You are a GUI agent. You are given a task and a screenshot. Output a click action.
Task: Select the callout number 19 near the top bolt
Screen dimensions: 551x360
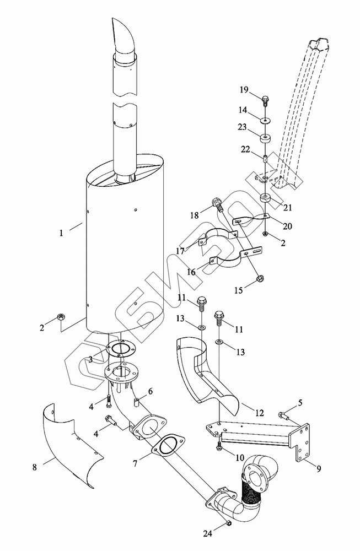[x=244, y=89]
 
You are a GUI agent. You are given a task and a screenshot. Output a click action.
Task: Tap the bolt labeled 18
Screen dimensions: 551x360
[x=219, y=207]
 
